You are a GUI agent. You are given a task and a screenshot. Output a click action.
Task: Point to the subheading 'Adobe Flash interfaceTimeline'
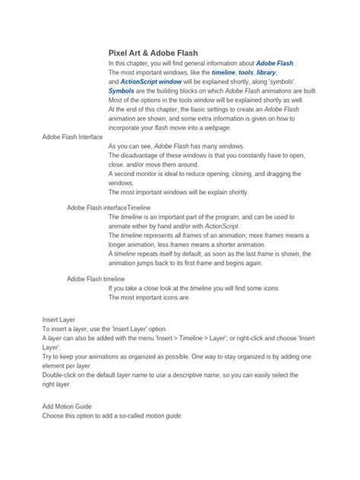(x=109, y=207)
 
